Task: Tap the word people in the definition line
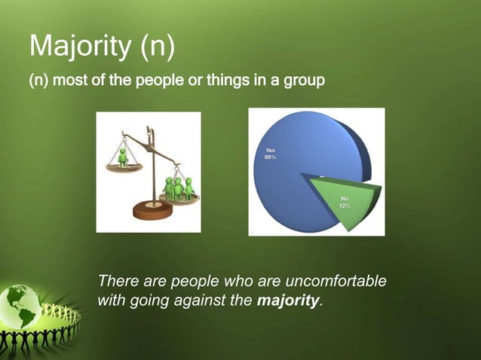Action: [x=158, y=80]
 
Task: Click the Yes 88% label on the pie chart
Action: [x=270, y=154]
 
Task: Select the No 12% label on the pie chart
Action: [x=343, y=202]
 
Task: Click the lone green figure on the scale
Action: [x=121, y=157]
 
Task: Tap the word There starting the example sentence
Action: [x=118, y=282]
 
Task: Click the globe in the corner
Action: [x=23, y=306]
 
